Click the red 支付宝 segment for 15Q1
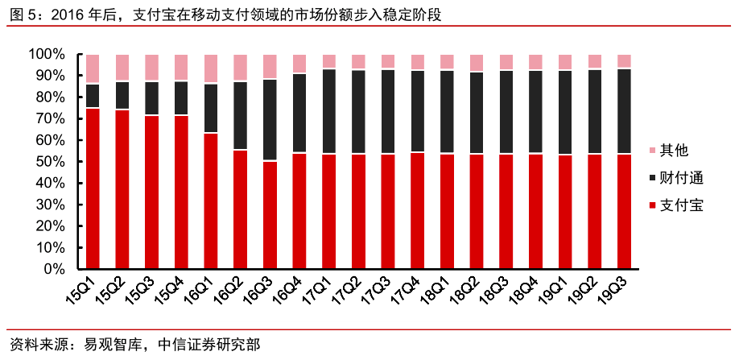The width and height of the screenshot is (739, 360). (x=93, y=188)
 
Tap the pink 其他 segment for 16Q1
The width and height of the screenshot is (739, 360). (x=211, y=68)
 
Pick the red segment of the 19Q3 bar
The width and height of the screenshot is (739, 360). (x=623, y=211)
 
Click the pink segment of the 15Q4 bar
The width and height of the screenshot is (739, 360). (x=181, y=68)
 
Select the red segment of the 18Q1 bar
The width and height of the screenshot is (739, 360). (x=447, y=211)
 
